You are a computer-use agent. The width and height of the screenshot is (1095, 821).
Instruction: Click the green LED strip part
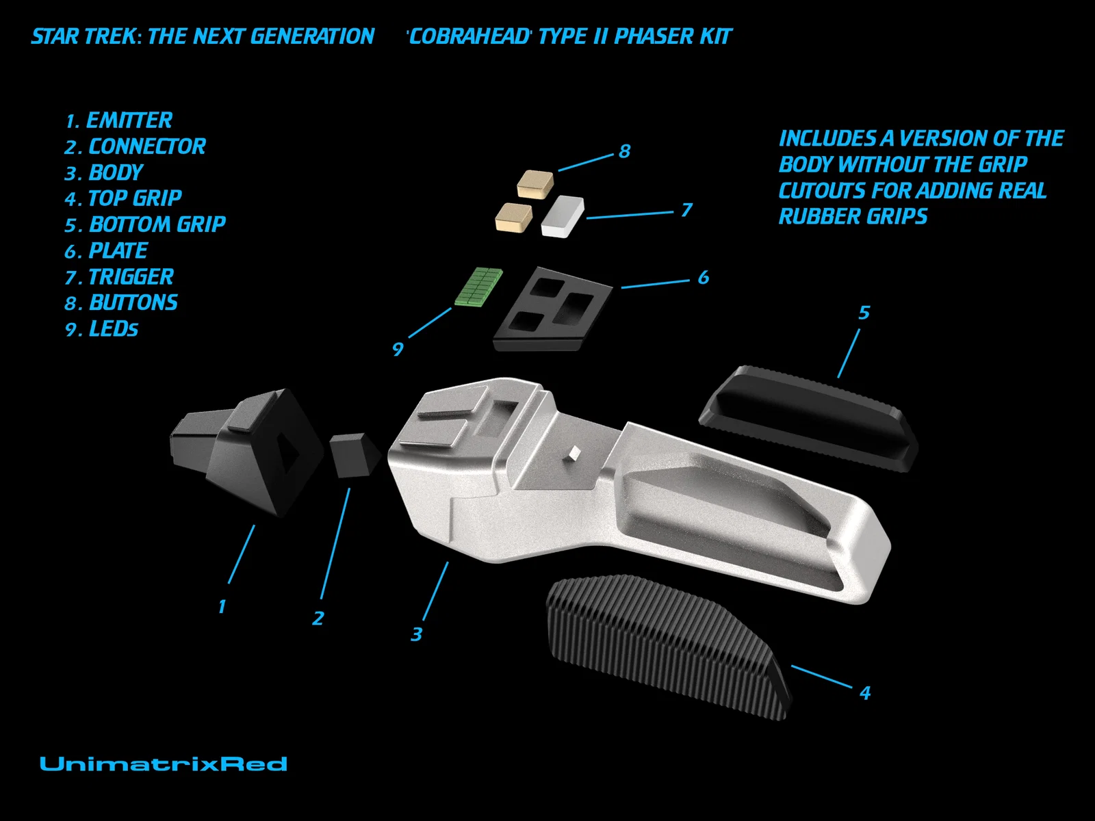click(478, 286)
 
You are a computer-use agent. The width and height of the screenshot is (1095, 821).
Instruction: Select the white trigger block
click(563, 217)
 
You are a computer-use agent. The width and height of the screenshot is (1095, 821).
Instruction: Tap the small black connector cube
click(355, 454)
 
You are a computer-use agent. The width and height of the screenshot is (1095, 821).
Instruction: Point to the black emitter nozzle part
click(247, 451)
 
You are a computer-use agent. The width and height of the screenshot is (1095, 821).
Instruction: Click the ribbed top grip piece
click(669, 646)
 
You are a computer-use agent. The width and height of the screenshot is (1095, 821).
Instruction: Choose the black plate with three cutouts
click(552, 309)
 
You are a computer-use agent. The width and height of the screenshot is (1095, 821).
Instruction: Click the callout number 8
click(625, 151)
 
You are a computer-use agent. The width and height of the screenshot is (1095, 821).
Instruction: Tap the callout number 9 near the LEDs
click(398, 349)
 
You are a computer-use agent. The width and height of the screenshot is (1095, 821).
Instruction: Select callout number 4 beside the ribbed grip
click(865, 692)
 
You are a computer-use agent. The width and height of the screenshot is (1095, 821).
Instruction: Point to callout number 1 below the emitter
click(222, 607)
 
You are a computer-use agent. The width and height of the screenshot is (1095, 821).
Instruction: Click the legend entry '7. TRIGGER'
click(119, 277)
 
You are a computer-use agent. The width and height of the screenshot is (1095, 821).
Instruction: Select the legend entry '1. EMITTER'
click(118, 120)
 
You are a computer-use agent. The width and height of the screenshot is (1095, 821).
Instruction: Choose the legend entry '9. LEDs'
click(101, 329)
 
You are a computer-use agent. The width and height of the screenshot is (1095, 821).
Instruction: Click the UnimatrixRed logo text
click(164, 764)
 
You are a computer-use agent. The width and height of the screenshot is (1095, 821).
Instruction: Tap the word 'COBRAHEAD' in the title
click(469, 36)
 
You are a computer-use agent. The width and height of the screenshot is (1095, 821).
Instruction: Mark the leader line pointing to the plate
click(655, 284)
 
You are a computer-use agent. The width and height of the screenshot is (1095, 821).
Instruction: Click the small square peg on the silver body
click(574, 452)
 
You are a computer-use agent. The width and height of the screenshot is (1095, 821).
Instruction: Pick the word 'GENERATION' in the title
click(312, 36)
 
